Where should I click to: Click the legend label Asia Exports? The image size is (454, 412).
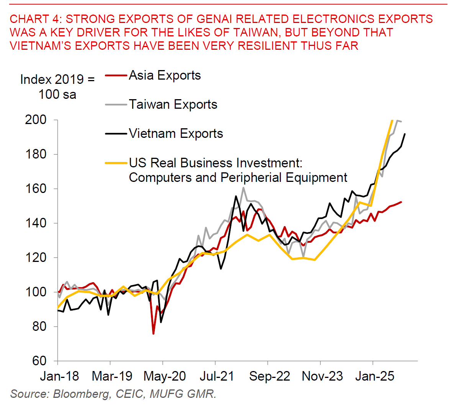165,75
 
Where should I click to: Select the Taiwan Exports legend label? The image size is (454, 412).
173,105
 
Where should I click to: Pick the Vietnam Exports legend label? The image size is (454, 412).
176,134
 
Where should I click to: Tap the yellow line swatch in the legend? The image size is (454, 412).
116,163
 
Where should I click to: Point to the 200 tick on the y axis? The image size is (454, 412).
36,120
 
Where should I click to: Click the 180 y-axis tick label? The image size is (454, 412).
36,154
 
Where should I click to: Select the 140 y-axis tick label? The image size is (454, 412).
36,223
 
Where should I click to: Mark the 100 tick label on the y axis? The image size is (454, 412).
36,292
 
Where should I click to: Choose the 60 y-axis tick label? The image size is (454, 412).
39,361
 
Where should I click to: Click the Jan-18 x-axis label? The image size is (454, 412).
59,376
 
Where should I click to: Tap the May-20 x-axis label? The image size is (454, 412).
165,376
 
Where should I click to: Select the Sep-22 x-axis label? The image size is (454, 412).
269,376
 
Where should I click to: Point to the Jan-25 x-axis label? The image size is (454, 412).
375,376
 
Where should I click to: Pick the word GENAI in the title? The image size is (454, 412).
218,19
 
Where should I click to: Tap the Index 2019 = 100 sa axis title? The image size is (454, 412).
57,87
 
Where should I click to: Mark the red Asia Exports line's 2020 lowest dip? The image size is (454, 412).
153,334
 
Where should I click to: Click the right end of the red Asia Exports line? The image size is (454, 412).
401,202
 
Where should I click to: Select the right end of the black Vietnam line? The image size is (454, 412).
405,134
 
